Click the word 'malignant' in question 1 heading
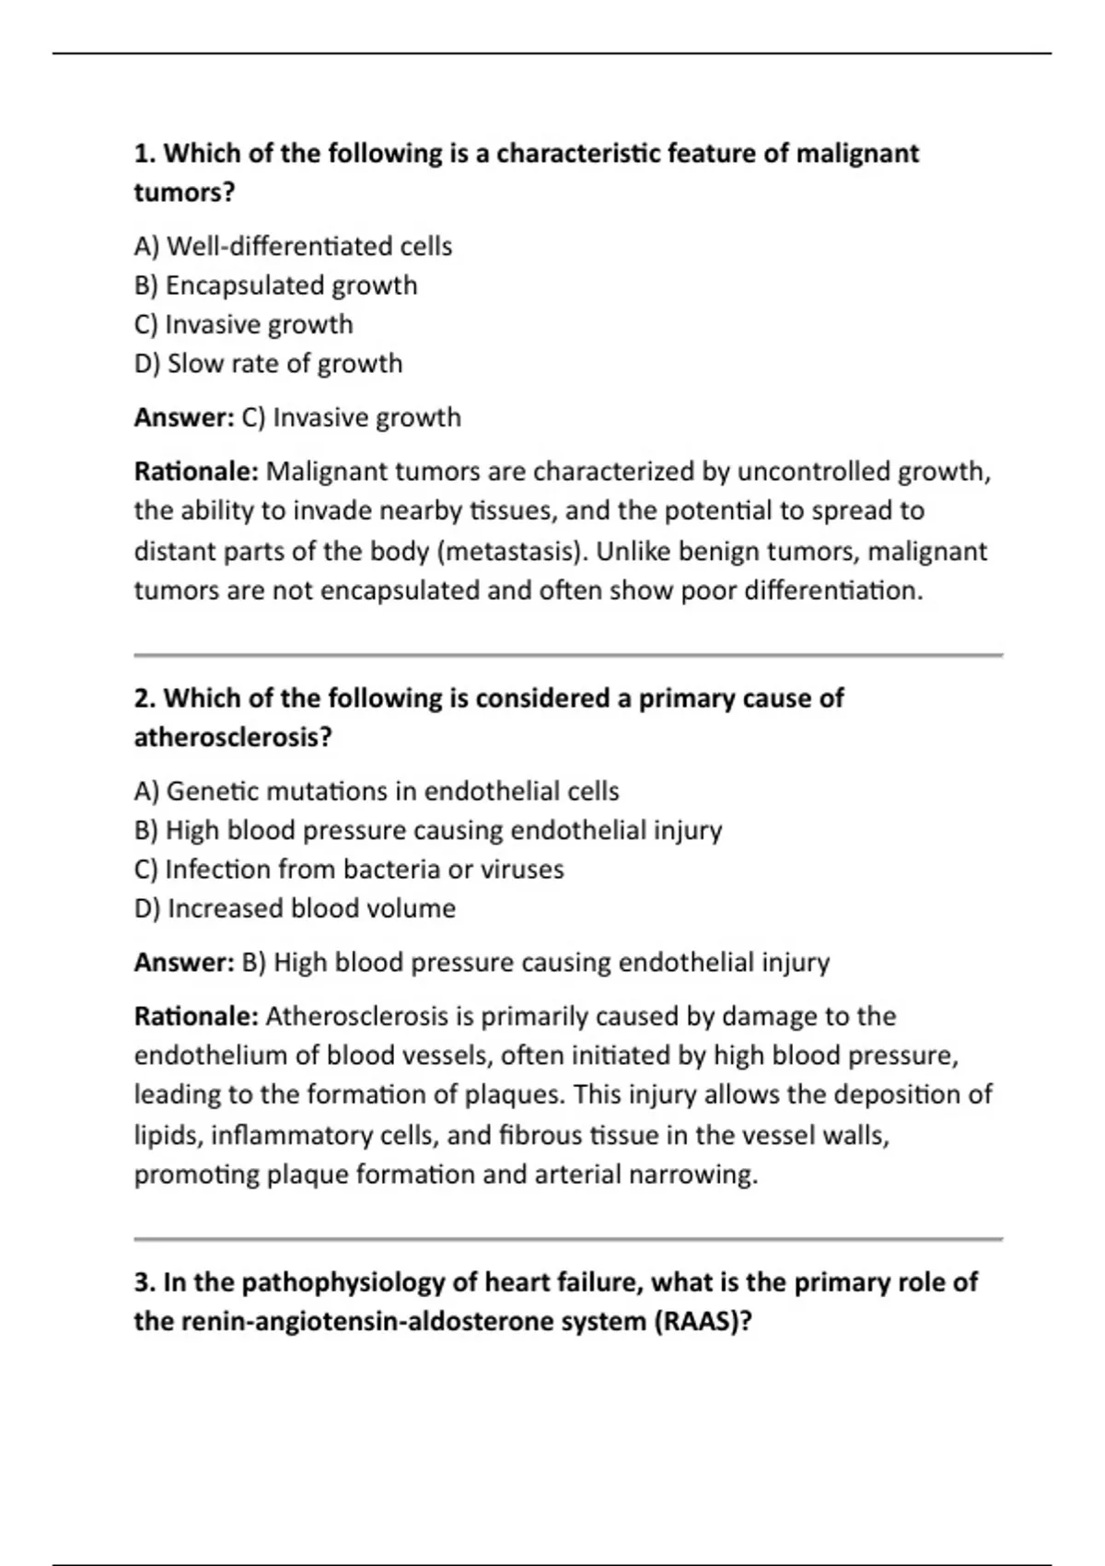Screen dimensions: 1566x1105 coord(856,153)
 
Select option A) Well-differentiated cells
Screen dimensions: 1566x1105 coord(293,247)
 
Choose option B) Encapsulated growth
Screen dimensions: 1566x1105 coord(275,286)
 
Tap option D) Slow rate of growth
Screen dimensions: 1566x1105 coord(268,364)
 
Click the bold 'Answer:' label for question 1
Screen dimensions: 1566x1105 coord(184,417)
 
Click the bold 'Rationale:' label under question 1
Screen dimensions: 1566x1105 coord(196,472)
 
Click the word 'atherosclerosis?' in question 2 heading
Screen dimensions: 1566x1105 coord(233,738)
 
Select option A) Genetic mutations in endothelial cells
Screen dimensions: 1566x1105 coord(376,791)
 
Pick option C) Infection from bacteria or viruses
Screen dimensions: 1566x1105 coord(348,870)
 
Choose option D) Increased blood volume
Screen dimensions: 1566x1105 coord(295,908)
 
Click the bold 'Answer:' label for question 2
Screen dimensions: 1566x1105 coord(184,963)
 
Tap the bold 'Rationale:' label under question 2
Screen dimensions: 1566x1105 coord(196,1016)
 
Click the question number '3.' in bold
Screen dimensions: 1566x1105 coord(145,1282)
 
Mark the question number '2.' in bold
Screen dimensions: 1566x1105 coord(145,698)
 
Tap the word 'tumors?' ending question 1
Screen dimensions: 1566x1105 coord(184,193)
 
